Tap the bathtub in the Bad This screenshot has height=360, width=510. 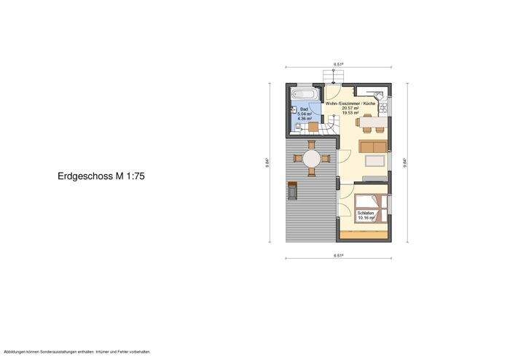(304, 95)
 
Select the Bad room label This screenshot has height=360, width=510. (305, 109)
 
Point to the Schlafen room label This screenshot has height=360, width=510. (365, 212)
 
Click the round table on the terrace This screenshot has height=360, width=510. (311, 159)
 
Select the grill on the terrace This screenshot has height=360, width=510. (293, 190)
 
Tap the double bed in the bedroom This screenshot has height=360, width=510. (370, 208)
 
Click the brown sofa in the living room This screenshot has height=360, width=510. (372, 147)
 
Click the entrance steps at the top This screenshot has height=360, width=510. (332, 77)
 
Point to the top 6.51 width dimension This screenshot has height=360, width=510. (339, 65)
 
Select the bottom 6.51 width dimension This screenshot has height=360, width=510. (339, 256)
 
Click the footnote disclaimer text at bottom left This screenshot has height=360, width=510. (77, 351)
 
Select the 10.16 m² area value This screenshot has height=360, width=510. (365, 216)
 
